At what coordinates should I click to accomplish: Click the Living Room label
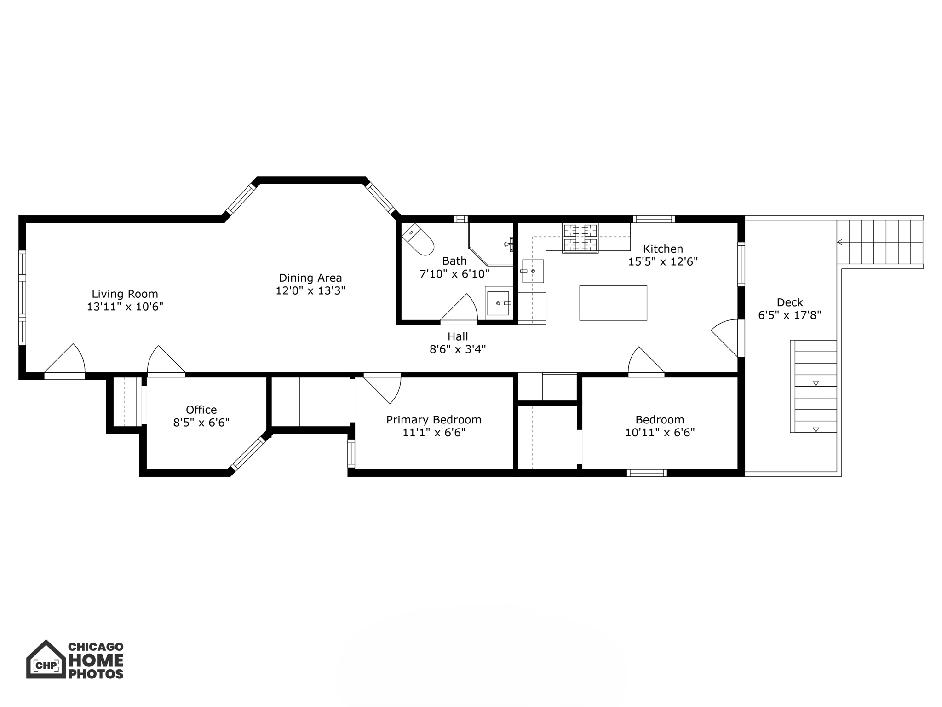(125, 294)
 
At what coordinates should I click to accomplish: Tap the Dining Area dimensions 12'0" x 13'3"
(310, 290)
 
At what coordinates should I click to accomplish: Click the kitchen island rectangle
(613, 302)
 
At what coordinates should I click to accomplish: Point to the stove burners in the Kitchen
(580, 238)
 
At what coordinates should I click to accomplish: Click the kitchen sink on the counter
(533, 271)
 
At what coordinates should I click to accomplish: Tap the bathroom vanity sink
(498, 303)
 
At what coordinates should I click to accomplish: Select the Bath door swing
(460, 308)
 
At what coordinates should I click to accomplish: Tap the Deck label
(789, 302)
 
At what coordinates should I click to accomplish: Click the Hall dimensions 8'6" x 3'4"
(457, 349)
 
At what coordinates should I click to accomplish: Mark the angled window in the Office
(248, 453)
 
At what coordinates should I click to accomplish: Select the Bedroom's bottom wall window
(646, 473)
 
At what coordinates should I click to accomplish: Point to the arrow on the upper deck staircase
(840, 242)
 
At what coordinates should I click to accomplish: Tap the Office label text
(201, 410)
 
